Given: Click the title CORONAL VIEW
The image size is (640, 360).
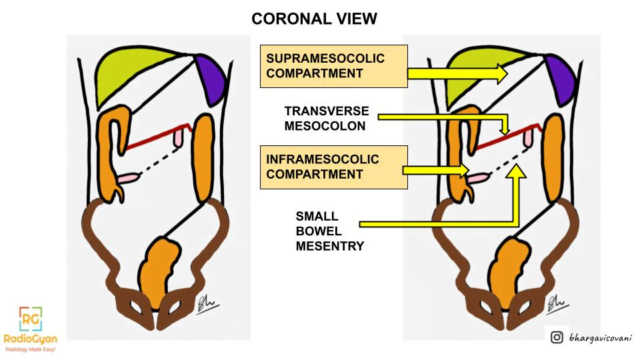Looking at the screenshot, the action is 314,19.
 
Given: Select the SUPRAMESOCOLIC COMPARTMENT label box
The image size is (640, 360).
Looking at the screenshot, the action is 334,66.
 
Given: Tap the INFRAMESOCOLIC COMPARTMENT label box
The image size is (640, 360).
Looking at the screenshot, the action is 334,167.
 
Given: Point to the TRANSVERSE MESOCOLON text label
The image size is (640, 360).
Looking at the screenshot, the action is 327,119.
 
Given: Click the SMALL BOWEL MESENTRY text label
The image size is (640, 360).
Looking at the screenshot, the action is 330,231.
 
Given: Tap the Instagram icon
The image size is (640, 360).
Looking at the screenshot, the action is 557,337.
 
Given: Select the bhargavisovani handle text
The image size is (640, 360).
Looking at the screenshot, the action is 601,338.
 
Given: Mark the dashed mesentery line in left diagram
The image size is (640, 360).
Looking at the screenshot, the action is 160,162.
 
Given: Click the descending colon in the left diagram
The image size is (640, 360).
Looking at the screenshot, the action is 203,159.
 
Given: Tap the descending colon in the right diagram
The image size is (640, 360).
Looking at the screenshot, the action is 553,159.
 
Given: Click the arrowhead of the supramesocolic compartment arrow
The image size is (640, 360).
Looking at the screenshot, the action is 503,74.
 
